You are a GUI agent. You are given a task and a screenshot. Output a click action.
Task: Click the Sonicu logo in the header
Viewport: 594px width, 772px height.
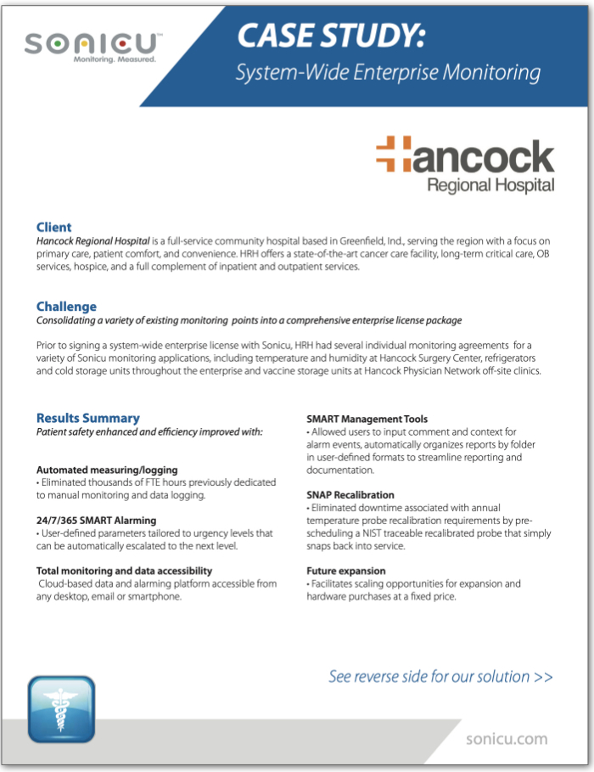[x=93, y=43]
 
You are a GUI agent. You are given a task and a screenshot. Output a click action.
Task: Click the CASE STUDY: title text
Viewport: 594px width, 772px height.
[x=331, y=37]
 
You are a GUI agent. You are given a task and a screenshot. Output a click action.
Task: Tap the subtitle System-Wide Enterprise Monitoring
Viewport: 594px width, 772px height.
[x=388, y=73]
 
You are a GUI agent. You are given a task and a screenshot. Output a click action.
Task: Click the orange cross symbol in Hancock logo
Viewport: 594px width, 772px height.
[x=393, y=152]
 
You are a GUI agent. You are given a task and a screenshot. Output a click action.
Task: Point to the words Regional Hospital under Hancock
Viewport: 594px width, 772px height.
[x=490, y=184]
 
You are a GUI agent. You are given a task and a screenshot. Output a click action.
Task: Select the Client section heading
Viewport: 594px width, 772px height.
[x=53, y=227]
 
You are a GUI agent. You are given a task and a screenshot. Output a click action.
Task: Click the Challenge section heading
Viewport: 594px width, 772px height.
[x=66, y=306]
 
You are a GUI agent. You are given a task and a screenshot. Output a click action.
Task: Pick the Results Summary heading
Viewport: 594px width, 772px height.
[x=87, y=418]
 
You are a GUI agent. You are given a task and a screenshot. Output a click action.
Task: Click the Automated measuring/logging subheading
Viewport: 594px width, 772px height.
[x=107, y=470]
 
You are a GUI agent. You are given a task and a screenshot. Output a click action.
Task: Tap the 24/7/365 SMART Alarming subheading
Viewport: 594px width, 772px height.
[x=96, y=520]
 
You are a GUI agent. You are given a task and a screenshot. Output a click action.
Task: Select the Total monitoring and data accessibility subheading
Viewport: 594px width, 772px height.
[x=124, y=571]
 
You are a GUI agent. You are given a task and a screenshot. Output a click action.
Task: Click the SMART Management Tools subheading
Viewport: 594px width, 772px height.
[x=367, y=419]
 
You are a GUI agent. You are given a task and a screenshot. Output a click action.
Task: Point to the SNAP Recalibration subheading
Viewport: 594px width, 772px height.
[x=350, y=494]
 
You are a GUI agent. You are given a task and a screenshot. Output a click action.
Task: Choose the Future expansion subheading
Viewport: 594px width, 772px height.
[x=345, y=571]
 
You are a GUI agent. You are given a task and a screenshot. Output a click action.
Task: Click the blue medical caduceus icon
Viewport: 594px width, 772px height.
[x=60, y=709]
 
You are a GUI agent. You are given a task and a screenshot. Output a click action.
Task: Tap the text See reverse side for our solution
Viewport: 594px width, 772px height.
[x=440, y=677]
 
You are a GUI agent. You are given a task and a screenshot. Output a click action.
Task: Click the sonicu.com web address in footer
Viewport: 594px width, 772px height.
[x=507, y=739]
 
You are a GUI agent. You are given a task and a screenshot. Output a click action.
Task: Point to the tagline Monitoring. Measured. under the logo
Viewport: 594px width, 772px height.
[x=115, y=61]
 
